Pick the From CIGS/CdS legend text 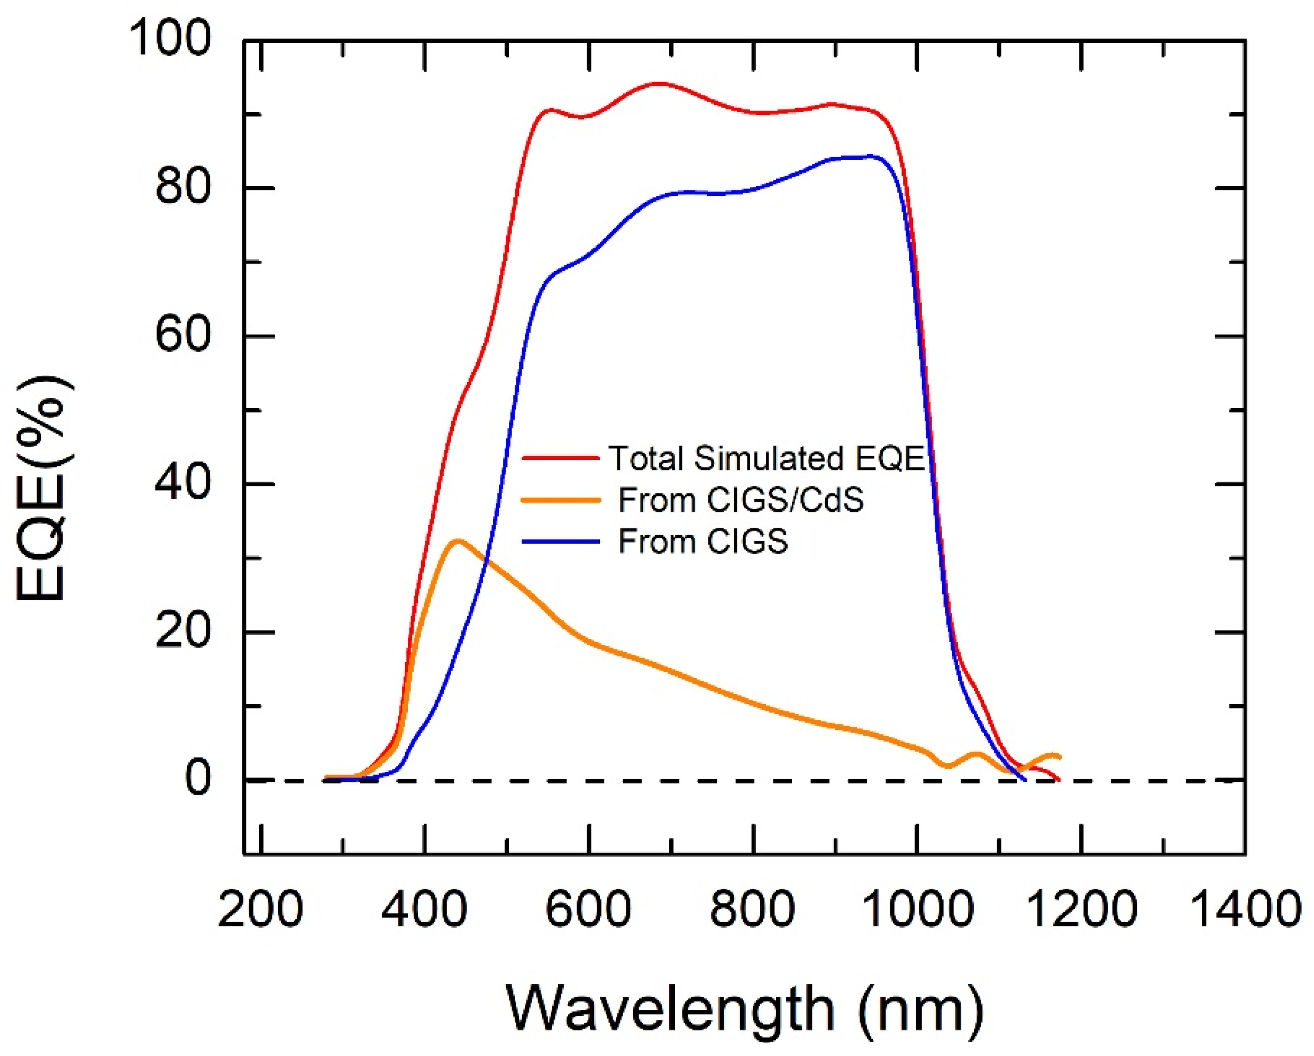pyautogui.click(x=741, y=500)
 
